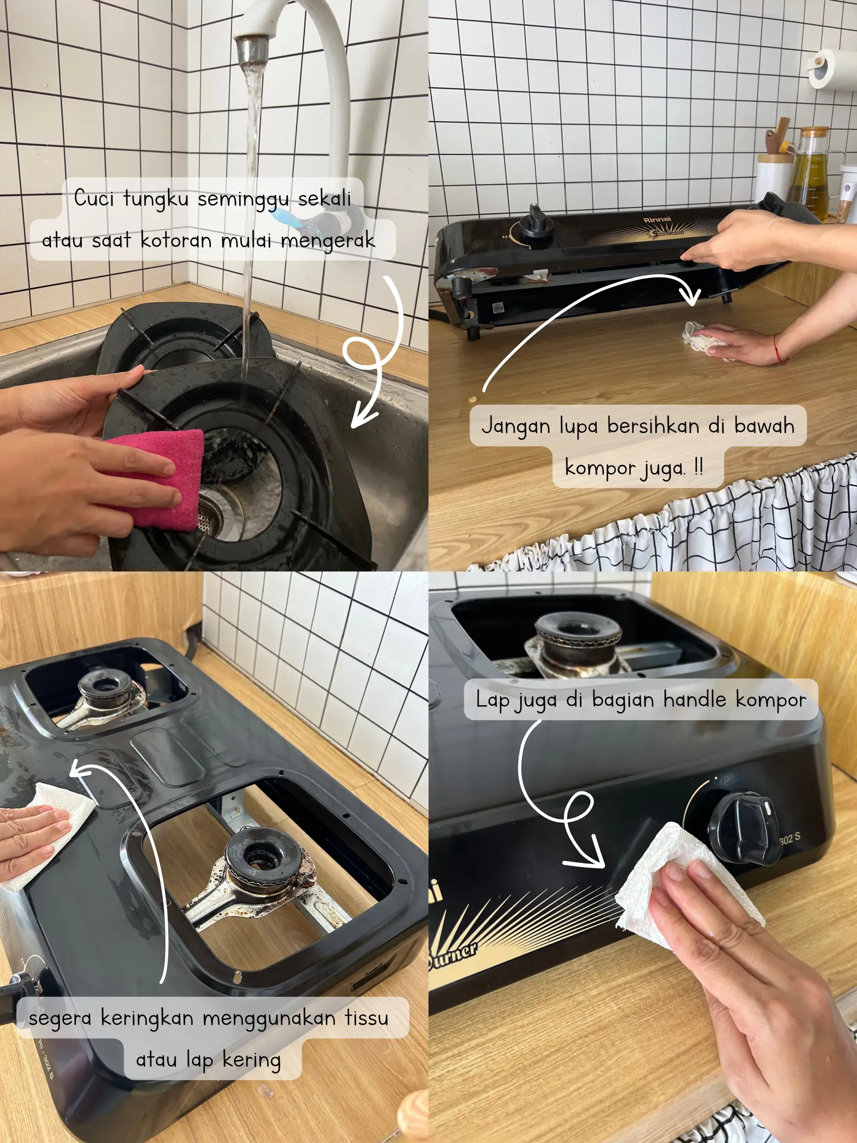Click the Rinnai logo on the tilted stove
pos(657,220)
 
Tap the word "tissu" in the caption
pos(366,1018)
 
